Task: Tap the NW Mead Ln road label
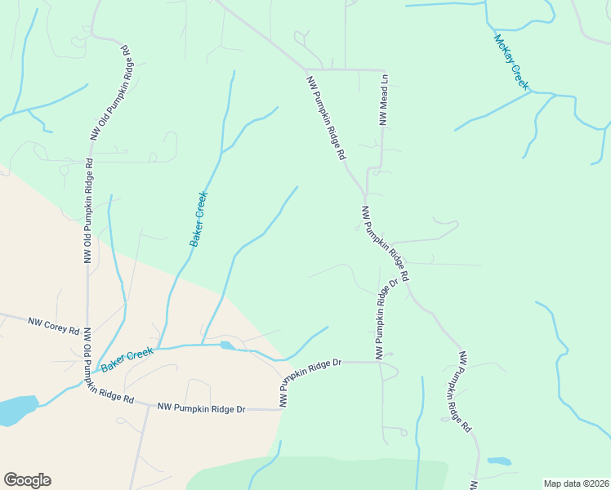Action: point(383,100)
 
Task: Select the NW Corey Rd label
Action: point(54,327)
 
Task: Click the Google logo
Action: point(27,480)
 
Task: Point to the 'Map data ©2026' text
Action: point(577,483)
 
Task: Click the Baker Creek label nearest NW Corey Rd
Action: point(127,359)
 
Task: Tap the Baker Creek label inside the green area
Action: point(199,219)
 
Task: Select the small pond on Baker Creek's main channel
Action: point(227,346)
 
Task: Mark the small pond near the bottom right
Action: point(499,461)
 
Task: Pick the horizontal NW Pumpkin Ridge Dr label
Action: point(201,407)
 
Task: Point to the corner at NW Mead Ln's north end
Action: point(384,70)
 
